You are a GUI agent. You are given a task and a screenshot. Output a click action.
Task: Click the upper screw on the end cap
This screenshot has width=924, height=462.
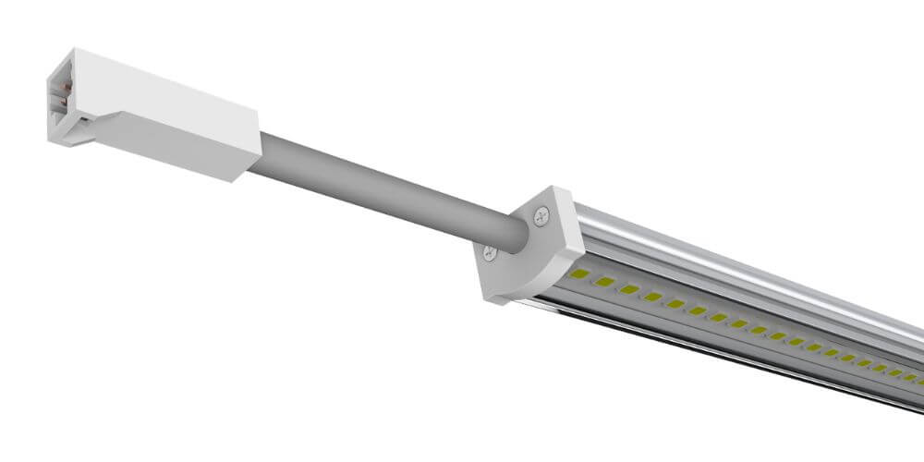540,215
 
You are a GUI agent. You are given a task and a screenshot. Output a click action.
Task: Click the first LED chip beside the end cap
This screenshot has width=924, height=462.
581,274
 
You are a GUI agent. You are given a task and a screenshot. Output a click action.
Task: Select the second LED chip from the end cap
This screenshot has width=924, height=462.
605,281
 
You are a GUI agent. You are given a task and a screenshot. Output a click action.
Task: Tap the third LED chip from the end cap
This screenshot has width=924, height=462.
629,289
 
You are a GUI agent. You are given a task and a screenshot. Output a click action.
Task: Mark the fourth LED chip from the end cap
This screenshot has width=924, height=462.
653,297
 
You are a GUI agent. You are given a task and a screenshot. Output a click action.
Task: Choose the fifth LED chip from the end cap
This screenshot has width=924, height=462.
675,304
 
